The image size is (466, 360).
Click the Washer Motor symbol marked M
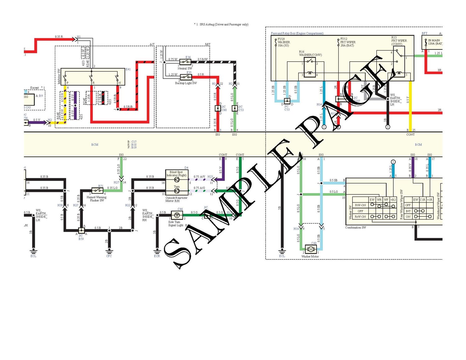click(311, 249)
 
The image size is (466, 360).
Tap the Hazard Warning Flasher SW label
click(97, 199)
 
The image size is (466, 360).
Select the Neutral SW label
click(185, 68)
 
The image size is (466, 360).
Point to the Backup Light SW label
click(186, 83)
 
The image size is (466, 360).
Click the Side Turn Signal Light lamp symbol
click(177, 215)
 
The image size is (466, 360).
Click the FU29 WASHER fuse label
click(283, 42)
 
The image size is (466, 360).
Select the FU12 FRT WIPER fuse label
click(348, 42)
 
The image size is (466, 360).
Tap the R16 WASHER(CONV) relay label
click(310, 53)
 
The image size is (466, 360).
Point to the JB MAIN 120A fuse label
click(435, 42)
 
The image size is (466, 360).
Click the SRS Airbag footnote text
click(221, 24)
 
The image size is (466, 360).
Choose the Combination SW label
click(355, 227)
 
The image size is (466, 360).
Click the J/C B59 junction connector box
click(81, 230)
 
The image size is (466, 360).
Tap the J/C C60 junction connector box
click(218, 108)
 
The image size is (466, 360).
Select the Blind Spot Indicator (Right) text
click(176, 174)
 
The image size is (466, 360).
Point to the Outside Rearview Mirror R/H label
click(176, 199)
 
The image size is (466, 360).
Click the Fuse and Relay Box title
click(297, 33)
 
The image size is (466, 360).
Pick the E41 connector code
click(128, 69)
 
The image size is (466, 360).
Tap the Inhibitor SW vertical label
click(59, 76)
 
